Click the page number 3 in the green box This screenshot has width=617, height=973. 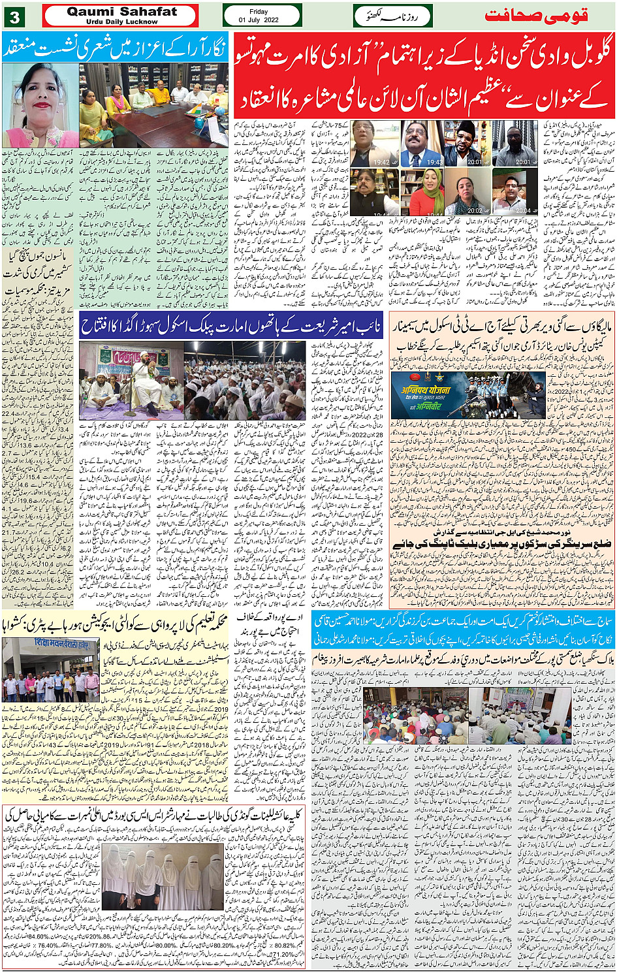(x=14, y=16)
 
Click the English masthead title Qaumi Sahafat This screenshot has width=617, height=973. (x=121, y=11)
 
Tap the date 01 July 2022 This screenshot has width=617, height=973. (x=259, y=20)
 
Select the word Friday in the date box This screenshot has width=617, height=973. (x=259, y=11)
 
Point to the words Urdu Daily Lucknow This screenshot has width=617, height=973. (x=121, y=22)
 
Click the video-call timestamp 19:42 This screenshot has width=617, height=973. (x=382, y=162)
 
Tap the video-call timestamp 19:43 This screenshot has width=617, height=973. (x=434, y=162)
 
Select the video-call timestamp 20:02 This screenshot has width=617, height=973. (x=475, y=210)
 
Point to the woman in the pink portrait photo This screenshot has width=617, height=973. (x=40, y=104)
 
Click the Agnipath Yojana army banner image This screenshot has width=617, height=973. (x=467, y=394)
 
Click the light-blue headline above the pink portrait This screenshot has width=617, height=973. (x=115, y=46)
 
